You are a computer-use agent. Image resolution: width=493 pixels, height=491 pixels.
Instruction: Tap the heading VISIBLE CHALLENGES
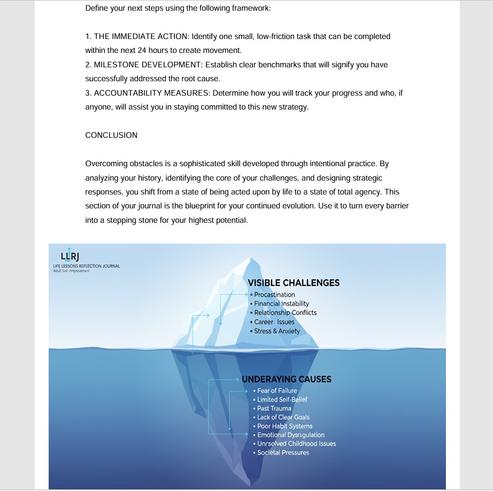tap(294, 283)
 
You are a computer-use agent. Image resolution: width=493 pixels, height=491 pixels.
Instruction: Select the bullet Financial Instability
tap(281, 303)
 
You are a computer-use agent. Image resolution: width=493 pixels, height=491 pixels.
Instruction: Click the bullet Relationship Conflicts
tap(285, 313)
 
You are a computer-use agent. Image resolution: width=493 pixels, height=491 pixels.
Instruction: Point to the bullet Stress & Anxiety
tap(277, 331)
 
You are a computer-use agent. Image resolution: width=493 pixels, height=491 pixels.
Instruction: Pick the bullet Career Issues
tap(274, 322)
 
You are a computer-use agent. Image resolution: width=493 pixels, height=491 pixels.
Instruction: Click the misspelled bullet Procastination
tap(274, 294)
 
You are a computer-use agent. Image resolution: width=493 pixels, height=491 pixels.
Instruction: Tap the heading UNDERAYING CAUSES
tap(286, 379)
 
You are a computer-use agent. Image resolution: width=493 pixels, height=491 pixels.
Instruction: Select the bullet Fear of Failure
tap(277, 391)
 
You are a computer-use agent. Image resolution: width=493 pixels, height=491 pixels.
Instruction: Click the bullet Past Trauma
tap(274, 408)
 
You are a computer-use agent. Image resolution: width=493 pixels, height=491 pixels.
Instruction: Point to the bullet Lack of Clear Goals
tap(283, 417)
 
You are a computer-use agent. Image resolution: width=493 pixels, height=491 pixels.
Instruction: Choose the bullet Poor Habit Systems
tap(284, 426)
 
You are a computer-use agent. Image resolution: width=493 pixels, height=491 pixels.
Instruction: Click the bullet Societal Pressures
tap(283, 453)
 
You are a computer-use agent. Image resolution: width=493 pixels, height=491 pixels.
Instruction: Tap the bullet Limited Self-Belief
tap(282, 400)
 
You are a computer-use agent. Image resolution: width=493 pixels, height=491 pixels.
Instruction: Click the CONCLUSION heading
tap(111, 135)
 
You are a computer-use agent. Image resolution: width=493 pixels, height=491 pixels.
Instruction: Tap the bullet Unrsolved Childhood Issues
tap(296, 443)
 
